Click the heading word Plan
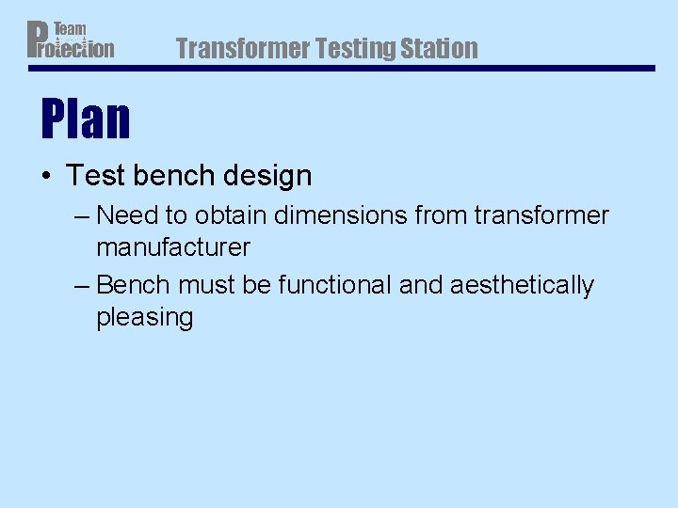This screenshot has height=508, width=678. click(86, 119)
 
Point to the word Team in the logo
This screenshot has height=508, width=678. click(70, 30)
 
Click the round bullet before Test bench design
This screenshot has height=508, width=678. click(46, 176)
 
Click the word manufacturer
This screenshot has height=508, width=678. click(173, 248)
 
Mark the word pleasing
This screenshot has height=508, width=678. click(144, 318)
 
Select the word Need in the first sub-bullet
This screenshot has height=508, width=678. click(128, 216)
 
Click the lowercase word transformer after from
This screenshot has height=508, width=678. click(541, 216)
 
